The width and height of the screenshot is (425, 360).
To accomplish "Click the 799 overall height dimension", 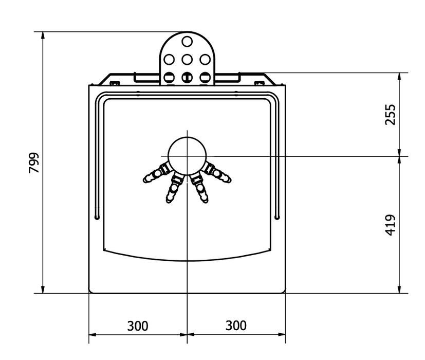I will [34, 163].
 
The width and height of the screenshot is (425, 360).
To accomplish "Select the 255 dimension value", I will [391, 114].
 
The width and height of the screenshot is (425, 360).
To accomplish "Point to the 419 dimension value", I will [391, 225].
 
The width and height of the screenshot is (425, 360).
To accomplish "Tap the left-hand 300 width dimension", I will [138, 326].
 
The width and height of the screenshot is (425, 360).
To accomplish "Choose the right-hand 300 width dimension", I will [236, 326].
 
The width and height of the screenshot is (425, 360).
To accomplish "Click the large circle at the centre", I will [187, 156].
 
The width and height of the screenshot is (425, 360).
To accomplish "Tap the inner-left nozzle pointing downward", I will [174, 188].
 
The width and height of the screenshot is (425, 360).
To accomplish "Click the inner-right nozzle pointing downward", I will [200, 188].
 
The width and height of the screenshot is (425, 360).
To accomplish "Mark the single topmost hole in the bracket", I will [187, 41].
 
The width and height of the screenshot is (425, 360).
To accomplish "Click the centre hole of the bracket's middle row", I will [187, 59].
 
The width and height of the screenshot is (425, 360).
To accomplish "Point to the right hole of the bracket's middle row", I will [205, 59].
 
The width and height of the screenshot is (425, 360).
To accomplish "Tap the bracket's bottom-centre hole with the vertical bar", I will [187, 78].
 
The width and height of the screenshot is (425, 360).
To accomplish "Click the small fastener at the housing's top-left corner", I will [116, 82].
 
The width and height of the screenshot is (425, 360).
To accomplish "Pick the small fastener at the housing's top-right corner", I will [258, 82].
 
